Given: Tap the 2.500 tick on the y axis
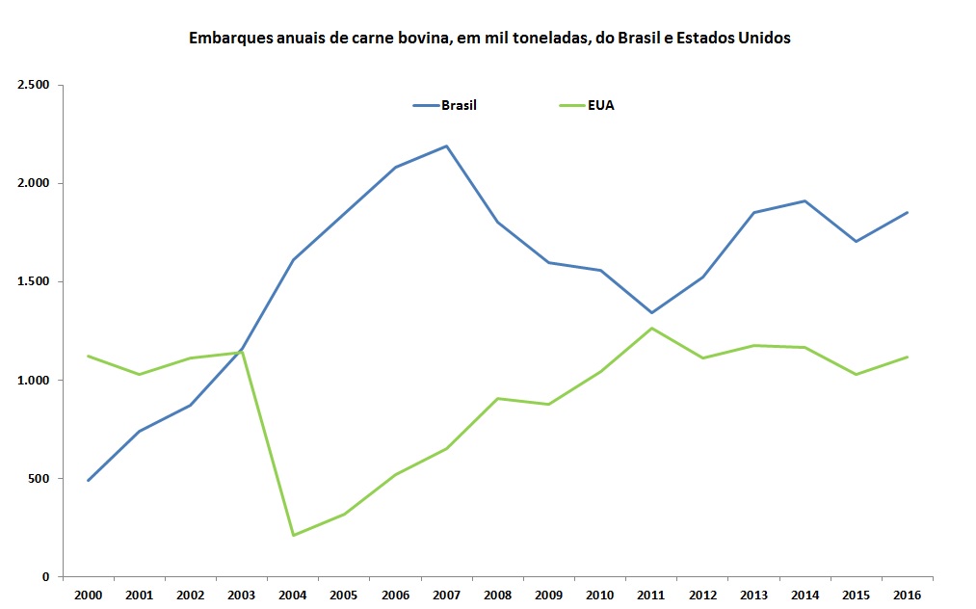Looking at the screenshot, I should (33, 85).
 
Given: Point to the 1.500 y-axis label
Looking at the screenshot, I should (33, 281).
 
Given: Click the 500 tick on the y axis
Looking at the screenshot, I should (38, 479).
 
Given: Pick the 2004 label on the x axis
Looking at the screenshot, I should (293, 595).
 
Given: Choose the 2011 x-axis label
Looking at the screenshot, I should (651, 595).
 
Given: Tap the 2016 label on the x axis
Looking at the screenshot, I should (907, 595).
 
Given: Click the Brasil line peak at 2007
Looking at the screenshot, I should (447, 146).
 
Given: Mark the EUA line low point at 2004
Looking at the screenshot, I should (293, 535).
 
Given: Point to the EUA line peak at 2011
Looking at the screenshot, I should (651, 329).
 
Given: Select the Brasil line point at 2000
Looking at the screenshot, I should (89, 480).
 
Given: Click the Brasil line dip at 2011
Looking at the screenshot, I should (651, 312).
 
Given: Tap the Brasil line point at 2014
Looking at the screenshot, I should (805, 201).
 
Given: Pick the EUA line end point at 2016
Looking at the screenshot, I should (907, 357).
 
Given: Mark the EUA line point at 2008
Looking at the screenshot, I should (498, 398).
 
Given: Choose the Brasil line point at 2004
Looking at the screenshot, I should (293, 260).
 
